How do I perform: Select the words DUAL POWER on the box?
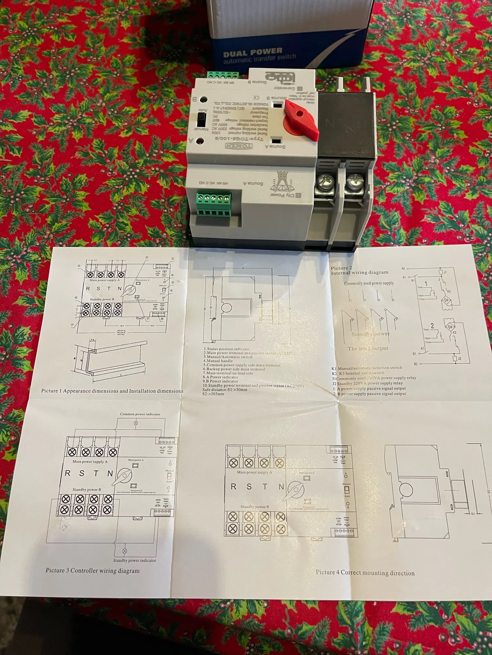click(x=253, y=52)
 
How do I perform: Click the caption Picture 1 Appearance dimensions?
click(x=112, y=391)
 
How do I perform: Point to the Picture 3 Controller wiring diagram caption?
click(x=92, y=570)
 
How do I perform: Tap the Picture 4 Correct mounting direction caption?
click(x=365, y=572)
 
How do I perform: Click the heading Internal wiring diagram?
click(x=359, y=272)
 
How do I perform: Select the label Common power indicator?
click(x=140, y=414)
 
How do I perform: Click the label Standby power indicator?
click(x=134, y=560)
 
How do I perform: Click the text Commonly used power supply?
click(x=369, y=283)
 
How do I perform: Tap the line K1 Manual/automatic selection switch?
click(x=367, y=368)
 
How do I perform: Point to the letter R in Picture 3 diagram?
click(x=68, y=473)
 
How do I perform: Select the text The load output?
click(x=368, y=348)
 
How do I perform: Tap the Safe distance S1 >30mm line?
click(x=225, y=390)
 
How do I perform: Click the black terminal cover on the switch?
click(x=346, y=124)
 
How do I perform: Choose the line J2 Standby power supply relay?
click(x=367, y=383)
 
